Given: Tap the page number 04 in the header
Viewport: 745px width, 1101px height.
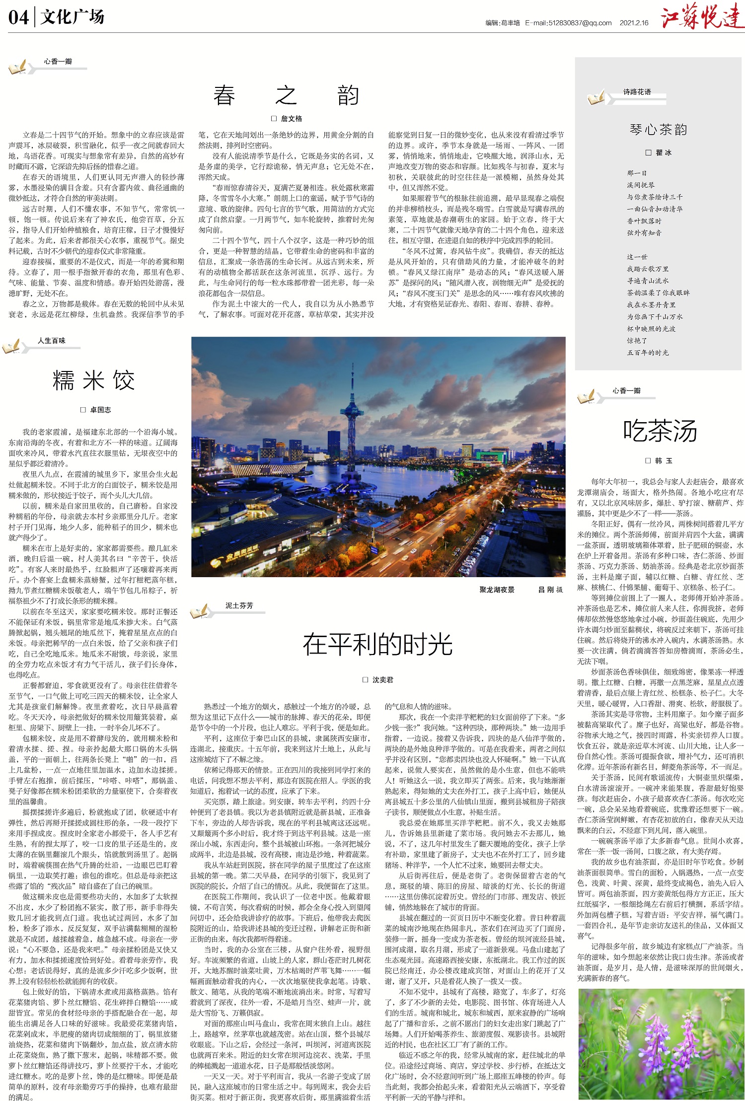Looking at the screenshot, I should [18, 18].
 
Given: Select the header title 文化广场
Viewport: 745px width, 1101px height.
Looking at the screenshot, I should [73, 17].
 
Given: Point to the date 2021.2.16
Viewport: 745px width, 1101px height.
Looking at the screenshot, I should [634, 23].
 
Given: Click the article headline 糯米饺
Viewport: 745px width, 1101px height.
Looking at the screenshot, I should [94, 381].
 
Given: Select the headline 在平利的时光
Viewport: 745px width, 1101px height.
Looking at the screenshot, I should [377, 644].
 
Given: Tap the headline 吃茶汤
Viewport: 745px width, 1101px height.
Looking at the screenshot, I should [660, 431].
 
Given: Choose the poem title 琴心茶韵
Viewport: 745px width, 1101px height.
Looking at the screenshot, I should [659, 130].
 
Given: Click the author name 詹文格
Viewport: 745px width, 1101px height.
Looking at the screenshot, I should [291, 119].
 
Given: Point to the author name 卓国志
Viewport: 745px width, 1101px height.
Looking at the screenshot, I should [100, 410].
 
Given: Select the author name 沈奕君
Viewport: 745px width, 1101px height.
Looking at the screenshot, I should [382, 680].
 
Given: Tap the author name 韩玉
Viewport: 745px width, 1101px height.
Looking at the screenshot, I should [663, 461].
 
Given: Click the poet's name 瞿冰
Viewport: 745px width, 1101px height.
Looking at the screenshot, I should [664, 153].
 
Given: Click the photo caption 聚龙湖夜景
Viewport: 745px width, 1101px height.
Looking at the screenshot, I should [497, 589].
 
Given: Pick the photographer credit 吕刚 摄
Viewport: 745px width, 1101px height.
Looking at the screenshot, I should [550, 589].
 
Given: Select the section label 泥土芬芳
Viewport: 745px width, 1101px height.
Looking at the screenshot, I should [239, 605].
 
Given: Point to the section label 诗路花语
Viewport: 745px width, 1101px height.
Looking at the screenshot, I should [637, 92].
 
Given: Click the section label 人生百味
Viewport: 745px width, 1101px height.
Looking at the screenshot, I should [52, 341].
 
